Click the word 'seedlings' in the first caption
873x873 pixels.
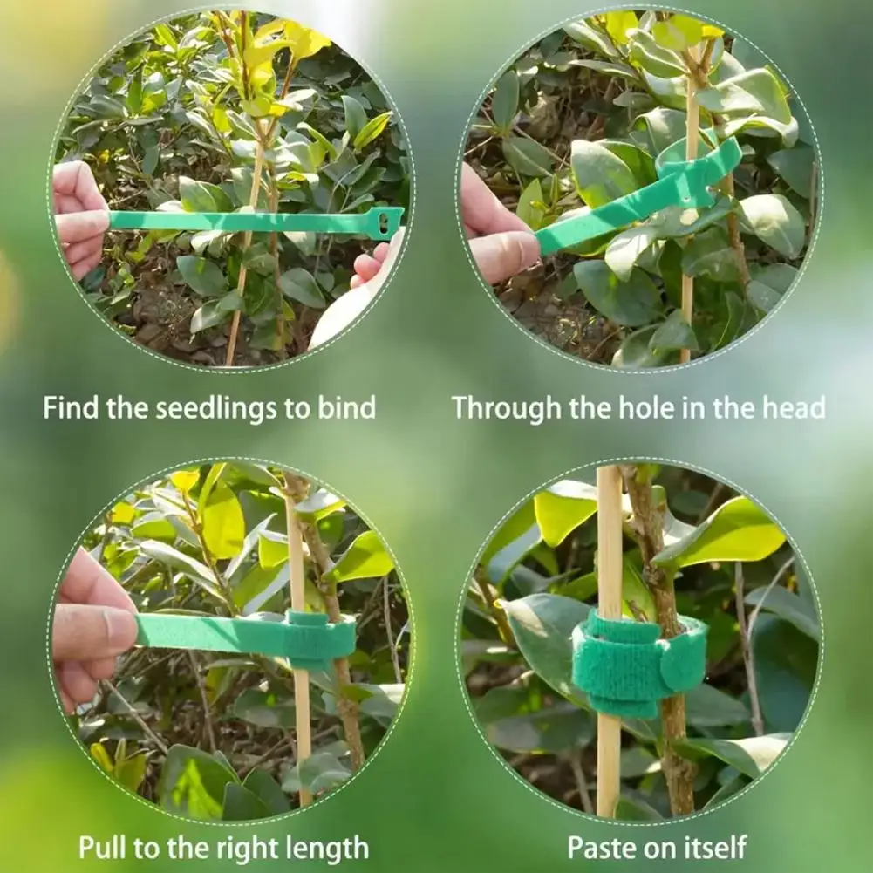pos(217,409)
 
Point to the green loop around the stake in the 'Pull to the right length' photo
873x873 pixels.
pos(320,640)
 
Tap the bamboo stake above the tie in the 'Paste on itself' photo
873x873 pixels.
pos(609,537)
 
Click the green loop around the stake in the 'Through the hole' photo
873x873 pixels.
pos(699,161)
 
